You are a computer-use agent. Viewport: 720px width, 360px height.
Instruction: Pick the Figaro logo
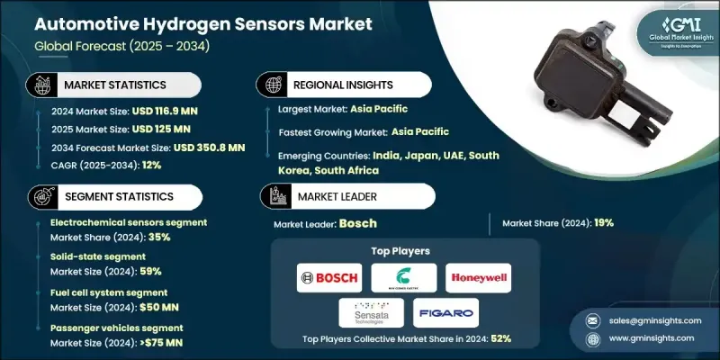coord(447,312)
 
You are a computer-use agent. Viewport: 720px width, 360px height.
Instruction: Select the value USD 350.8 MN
coord(209,148)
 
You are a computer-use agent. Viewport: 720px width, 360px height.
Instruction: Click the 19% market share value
coord(601,222)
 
